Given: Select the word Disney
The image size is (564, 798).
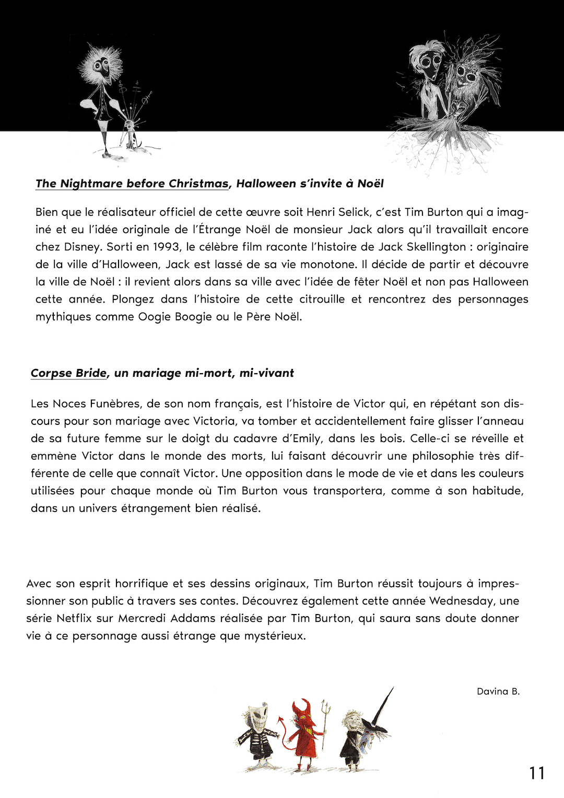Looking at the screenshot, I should click(x=81, y=247).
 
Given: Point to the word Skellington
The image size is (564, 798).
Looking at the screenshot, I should click(x=437, y=247).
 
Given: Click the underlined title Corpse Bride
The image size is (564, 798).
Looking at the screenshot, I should click(x=68, y=373).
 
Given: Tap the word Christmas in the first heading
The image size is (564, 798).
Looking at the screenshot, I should click(x=198, y=183).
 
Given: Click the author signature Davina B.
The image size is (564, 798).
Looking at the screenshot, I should click(x=498, y=691).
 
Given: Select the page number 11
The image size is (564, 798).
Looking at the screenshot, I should click(x=537, y=773).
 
